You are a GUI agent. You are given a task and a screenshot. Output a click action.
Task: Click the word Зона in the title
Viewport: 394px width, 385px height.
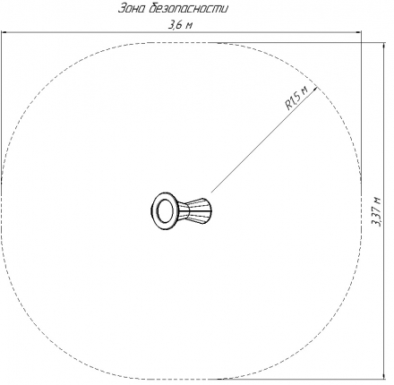pyautogui.click(x=132, y=9)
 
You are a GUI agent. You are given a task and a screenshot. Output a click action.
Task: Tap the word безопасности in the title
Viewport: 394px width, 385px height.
pyautogui.click(x=188, y=8)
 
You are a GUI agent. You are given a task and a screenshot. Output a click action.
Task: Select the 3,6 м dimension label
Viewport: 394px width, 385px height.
pyautogui.click(x=180, y=25)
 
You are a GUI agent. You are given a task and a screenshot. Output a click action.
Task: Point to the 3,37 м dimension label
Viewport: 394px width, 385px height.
pyautogui.click(x=376, y=211)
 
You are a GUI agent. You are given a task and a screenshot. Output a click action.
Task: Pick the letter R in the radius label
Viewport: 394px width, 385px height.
pyautogui.click(x=289, y=106)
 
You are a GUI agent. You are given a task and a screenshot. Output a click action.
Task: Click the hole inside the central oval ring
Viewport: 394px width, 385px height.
pyautogui.click(x=164, y=211)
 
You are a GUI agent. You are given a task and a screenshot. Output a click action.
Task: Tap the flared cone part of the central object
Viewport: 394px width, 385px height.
pyautogui.click(x=195, y=210)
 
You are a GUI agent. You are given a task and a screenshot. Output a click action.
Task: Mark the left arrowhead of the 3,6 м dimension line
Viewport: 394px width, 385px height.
pyautogui.click(x=4, y=32)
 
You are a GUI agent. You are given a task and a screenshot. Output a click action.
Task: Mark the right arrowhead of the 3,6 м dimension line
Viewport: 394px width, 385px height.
pyautogui.click(x=358, y=32)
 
